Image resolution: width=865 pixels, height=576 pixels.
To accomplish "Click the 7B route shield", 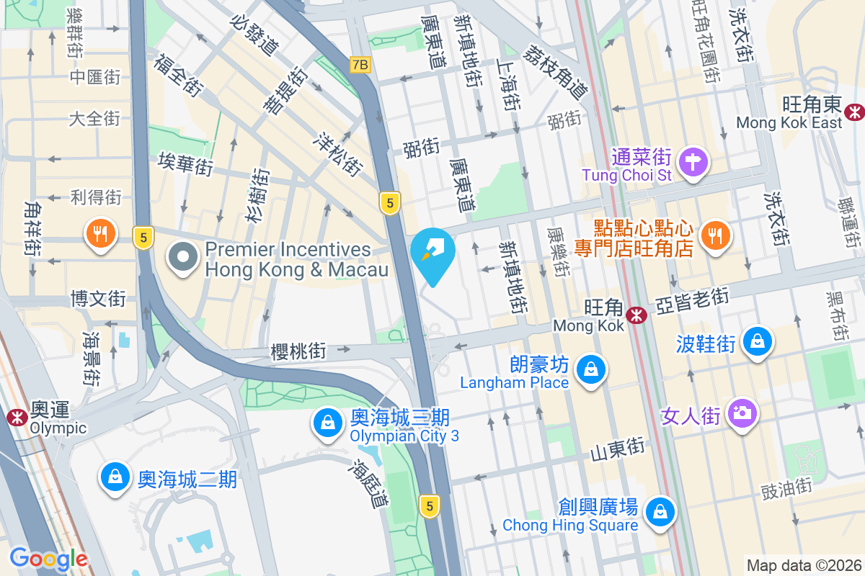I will [360, 65].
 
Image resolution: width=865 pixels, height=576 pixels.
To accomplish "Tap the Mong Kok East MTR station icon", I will [855, 112].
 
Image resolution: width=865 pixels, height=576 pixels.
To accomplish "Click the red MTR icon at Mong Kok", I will [636, 315].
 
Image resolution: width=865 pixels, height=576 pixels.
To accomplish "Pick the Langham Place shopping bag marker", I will [591, 369].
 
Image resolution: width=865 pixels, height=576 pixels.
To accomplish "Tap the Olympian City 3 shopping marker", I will [328, 423].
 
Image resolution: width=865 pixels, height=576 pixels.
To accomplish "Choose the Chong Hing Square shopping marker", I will [660, 512].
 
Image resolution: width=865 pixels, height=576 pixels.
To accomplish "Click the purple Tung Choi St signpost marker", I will [693, 161].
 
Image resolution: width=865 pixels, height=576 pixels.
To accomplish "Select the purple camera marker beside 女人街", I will [742, 413].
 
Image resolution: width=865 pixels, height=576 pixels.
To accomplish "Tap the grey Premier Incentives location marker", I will [184, 256].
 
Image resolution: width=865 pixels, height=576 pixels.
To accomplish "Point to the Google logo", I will [48, 559].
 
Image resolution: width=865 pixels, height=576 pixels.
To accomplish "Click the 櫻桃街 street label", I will [298, 351].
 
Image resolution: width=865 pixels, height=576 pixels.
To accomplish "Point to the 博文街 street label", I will [98, 297].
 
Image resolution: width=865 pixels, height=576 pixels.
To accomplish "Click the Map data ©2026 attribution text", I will [803, 565].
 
